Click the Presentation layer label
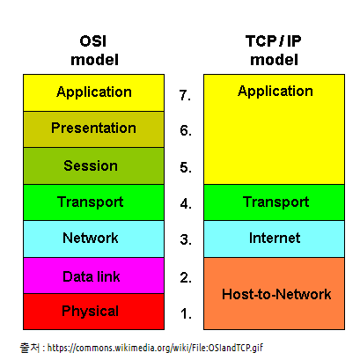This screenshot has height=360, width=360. pyautogui.click(x=93, y=129)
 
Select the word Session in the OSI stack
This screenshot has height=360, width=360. pyautogui.click(x=91, y=165)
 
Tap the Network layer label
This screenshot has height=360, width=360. pyautogui.click(x=91, y=238)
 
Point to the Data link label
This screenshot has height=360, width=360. pyautogui.click(x=92, y=276)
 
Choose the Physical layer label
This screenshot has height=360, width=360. pyautogui.click(x=91, y=312)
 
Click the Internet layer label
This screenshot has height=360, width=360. pyautogui.click(x=275, y=238)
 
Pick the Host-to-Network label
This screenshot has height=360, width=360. pyautogui.click(x=276, y=294)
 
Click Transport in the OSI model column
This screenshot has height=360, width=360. pyautogui.click(x=91, y=202)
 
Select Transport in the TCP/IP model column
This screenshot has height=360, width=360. pyautogui.click(x=276, y=202)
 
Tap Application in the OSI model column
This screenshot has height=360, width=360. pyautogui.click(x=94, y=92)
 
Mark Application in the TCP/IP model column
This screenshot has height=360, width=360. pyautogui.click(x=276, y=92)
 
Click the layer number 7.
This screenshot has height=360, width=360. pyautogui.click(x=185, y=95)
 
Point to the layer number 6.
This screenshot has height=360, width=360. pyautogui.click(x=186, y=130)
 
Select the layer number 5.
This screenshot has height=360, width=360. pyautogui.click(x=186, y=167)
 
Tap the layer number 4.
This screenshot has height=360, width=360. pyautogui.click(x=186, y=203)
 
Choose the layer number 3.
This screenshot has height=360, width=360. pyautogui.click(x=186, y=239)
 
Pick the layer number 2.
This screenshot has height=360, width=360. pyautogui.click(x=186, y=277)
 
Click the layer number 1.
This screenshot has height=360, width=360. pyautogui.click(x=186, y=313)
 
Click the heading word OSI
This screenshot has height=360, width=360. pyautogui.click(x=93, y=41)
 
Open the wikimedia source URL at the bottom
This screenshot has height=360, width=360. pyautogui.click(x=155, y=348)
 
